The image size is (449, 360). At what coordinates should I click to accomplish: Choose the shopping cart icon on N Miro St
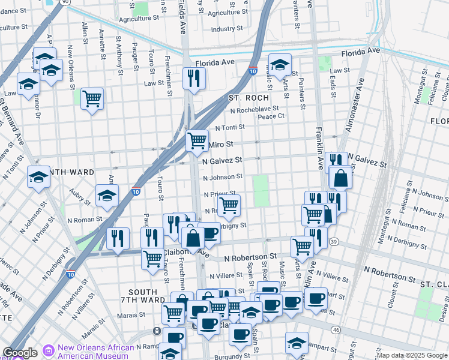click(197, 141)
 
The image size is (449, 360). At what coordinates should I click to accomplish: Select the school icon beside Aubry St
click(107, 195)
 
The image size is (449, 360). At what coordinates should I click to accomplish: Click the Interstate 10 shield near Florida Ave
click(253, 70)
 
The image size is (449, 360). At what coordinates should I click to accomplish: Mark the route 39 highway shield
click(334, 241)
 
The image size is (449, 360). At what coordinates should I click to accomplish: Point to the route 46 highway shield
click(335, 329)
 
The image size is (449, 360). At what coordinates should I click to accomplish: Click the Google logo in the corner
click(20, 353)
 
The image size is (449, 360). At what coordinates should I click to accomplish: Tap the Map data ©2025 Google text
click(412, 355)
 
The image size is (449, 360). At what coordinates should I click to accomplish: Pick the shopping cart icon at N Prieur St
click(229, 205)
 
